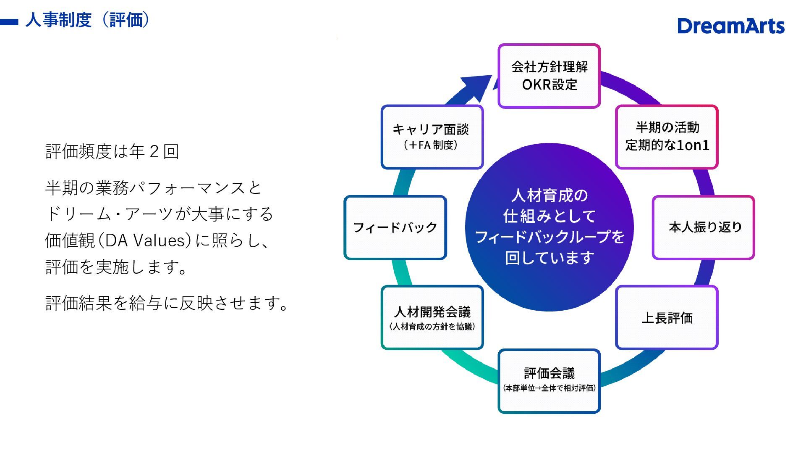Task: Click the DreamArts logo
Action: click(730, 26)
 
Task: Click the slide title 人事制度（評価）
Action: click(87, 20)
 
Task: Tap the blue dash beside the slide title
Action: click(9, 22)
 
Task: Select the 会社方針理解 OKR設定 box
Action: click(549, 76)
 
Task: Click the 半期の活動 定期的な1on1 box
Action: click(667, 137)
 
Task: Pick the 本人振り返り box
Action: click(704, 227)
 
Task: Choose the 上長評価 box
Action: click(667, 318)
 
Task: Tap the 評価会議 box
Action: click(549, 381)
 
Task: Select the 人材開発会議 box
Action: click(432, 317)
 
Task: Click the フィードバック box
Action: click(395, 227)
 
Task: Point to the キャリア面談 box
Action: click(432, 137)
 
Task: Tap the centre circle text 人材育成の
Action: click(549, 195)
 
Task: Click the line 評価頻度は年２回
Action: click(112, 151)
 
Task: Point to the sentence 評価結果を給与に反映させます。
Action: click(167, 303)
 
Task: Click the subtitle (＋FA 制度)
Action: click(431, 145)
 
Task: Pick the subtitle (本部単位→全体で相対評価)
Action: click(549, 388)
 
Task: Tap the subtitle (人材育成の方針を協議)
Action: click(432, 327)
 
